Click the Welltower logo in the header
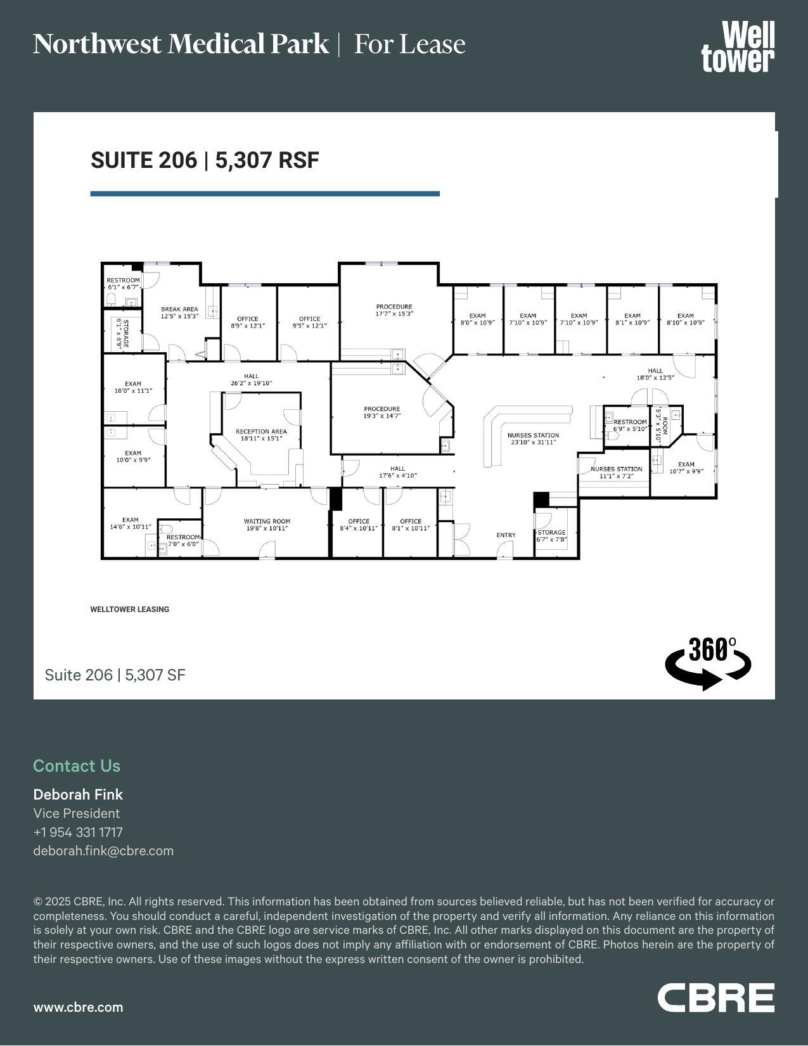(x=738, y=46)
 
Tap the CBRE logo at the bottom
(x=715, y=998)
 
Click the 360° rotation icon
(x=708, y=663)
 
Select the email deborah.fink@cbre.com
(x=103, y=851)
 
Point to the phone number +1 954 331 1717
(x=78, y=832)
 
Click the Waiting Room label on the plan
(x=266, y=525)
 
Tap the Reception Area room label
(x=261, y=435)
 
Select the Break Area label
(x=179, y=312)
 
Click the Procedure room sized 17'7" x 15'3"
(x=394, y=310)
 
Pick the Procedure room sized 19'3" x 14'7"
(x=382, y=412)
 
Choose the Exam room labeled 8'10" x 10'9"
(x=685, y=319)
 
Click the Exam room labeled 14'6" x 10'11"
(x=131, y=523)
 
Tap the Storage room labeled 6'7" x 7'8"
(x=551, y=536)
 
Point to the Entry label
(x=506, y=535)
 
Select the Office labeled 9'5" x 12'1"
(x=309, y=322)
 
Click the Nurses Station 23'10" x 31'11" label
(x=533, y=438)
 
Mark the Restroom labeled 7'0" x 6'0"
(x=183, y=540)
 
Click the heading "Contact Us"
(x=77, y=766)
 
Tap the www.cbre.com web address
(x=78, y=1007)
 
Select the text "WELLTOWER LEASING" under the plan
(x=129, y=609)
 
